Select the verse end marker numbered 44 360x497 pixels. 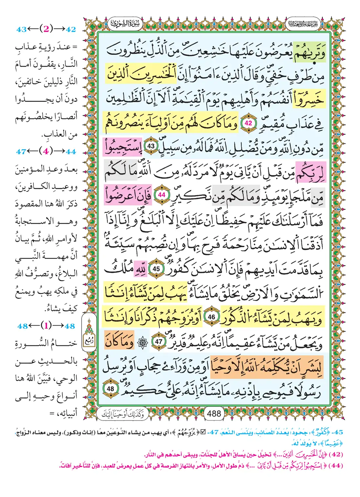click(x=161, y=195)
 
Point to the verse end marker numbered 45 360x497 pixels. click(x=156, y=269)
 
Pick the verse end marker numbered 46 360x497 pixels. click(x=212, y=317)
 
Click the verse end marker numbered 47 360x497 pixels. click(x=159, y=342)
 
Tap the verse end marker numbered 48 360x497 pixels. click(x=110, y=389)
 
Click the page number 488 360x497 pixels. click(x=214, y=413)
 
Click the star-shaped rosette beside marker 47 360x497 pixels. click(x=142, y=343)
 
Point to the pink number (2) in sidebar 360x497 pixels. click(x=46, y=29)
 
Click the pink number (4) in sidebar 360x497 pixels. click(x=46, y=151)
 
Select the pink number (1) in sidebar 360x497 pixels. click(x=46, y=326)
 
